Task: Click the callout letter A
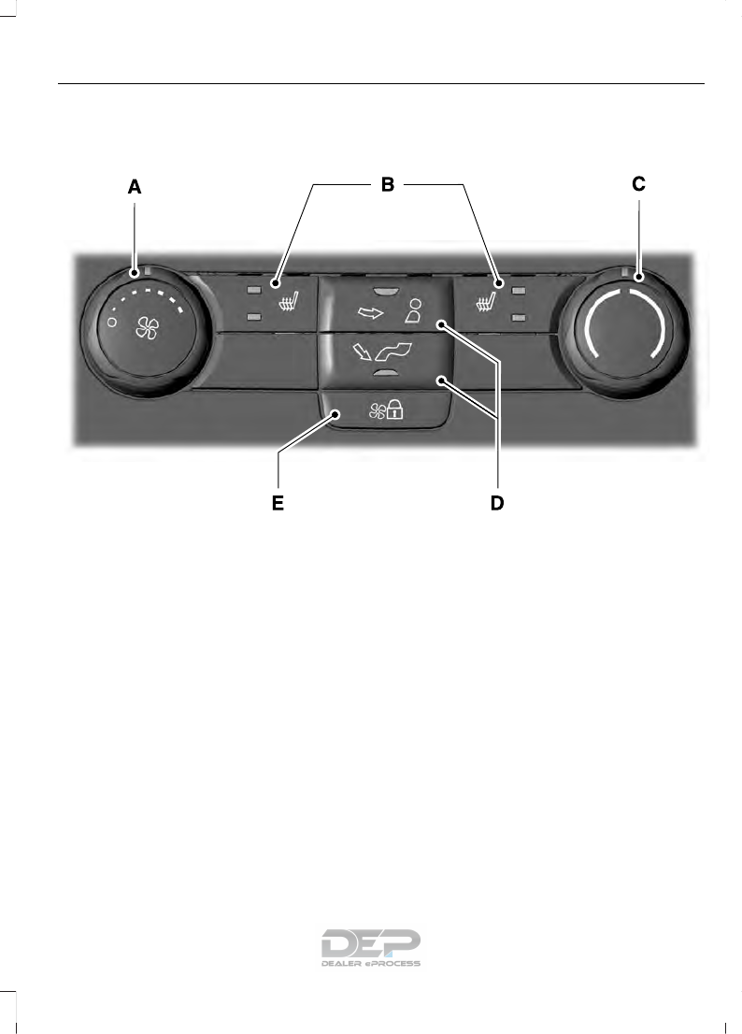(x=135, y=187)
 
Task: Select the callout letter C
(x=638, y=185)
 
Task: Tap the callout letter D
(x=497, y=504)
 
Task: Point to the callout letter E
(x=277, y=504)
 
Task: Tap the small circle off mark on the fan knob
(x=112, y=322)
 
